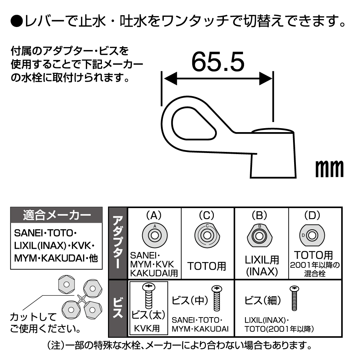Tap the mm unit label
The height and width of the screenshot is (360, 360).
click(329, 168)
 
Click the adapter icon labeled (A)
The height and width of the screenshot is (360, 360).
click(154, 235)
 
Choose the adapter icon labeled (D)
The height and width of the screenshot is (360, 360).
click(312, 235)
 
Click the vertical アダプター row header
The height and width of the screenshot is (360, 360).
click(118, 243)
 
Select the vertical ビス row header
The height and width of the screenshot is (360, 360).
click(118, 308)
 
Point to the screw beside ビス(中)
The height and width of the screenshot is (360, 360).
click(216, 298)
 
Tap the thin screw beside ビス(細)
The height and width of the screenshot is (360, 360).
click(294, 298)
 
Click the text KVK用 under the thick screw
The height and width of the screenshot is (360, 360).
click(148, 329)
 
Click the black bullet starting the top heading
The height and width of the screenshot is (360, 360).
click(16, 21)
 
